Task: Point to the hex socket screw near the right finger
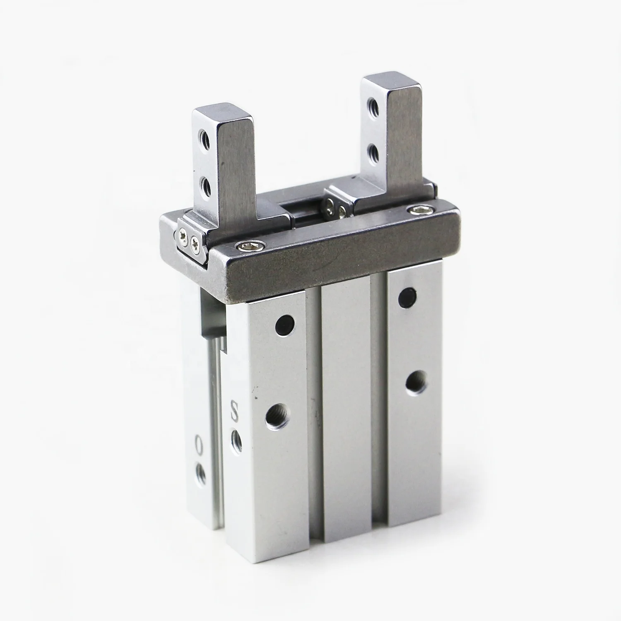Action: [x=414, y=211]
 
